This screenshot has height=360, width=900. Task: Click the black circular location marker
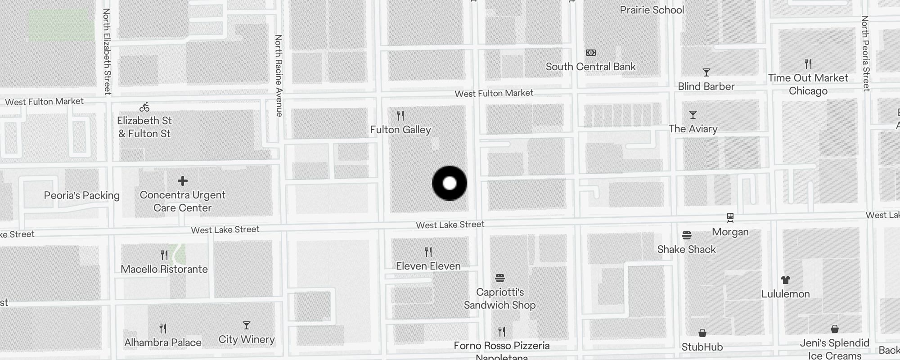(450, 183)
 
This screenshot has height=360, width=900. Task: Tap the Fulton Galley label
(400, 130)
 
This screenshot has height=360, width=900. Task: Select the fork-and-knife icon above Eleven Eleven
(428, 252)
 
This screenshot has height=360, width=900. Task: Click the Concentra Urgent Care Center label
(182, 201)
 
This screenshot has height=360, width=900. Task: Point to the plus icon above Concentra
(182, 181)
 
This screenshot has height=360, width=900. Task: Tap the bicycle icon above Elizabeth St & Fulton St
(144, 107)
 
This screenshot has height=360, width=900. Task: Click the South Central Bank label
(590, 67)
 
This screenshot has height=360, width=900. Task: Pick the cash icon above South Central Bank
(591, 53)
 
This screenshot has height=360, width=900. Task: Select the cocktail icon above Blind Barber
(706, 72)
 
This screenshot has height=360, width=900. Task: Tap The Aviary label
(693, 129)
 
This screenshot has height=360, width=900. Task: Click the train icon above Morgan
(730, 218)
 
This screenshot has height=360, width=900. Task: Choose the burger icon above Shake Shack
(686, 235)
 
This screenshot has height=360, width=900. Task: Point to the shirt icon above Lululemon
(786, 280)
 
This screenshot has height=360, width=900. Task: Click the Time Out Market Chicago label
(808, 84)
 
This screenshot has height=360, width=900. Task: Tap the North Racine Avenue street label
(279, 76)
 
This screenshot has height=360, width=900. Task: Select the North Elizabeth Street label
(107, 51)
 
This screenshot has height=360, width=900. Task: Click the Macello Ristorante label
(164, 269)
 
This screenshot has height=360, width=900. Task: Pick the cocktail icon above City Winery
(246, 325)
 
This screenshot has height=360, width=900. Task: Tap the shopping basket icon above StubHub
(702, 333)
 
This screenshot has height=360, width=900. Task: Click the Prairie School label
(652, 10)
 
